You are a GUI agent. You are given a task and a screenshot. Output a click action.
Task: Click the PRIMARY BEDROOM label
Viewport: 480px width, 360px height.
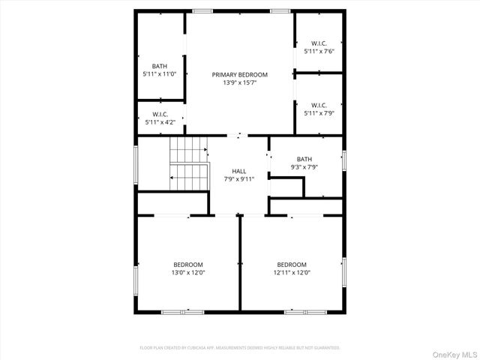pos(239,75)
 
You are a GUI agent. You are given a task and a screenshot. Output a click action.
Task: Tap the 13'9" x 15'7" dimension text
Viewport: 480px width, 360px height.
pos(239,82)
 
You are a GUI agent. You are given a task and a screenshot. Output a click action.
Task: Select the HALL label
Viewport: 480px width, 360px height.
pos(239,171)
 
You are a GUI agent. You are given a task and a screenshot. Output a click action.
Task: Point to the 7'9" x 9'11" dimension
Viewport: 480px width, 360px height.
pos(239,179)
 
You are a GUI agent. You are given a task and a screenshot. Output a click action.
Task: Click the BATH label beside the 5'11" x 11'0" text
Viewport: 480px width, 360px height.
pos(159,66)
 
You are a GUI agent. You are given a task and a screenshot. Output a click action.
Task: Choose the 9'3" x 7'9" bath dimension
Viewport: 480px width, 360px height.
pos(304,167)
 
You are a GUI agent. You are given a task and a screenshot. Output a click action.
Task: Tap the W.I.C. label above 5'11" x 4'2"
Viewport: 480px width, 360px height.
pos(159,115)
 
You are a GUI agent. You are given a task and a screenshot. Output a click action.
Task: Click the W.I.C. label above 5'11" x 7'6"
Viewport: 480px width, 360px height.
pos(319,43)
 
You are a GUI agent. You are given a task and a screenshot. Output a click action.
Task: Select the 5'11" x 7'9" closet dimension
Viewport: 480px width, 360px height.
pos(319,113)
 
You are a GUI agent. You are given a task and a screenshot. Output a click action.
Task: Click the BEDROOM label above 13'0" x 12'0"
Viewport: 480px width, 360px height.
pos(188,265)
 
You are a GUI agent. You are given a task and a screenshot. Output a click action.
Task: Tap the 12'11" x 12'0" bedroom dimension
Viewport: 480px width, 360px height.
pos(292,273)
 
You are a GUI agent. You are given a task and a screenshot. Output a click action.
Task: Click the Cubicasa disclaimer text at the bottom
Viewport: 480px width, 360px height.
pos(240,348)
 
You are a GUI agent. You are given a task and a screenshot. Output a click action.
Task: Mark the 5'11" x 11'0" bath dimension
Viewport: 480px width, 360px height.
pos(159,74)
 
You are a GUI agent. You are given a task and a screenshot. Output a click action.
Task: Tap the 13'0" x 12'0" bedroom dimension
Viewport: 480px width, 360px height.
pos(188,273)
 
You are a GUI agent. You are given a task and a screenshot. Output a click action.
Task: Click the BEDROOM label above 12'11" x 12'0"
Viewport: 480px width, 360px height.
pos(292,265)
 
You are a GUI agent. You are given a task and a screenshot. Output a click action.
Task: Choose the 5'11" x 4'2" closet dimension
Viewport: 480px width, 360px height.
pos(159,122)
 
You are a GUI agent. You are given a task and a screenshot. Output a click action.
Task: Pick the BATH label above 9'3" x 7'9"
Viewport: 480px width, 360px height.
pos(304,159)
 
